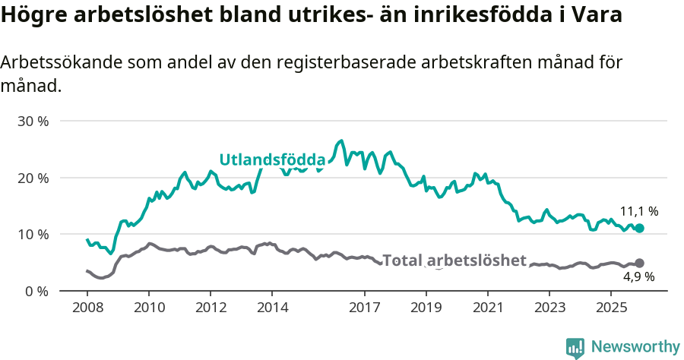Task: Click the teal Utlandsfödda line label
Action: pos(272,159)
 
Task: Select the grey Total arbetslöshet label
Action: pos(454,261)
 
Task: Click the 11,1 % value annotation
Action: pos(638,212)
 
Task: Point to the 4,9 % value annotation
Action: pos(638,277)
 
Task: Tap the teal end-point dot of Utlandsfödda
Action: pos(639,228)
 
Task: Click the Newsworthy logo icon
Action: pos(575,347)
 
